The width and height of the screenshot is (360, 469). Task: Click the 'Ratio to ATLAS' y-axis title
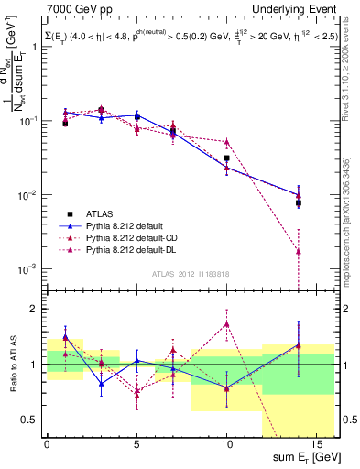pos(10,361)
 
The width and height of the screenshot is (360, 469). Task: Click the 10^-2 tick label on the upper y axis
pos(27,195)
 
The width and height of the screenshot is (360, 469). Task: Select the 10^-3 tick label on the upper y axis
pos(27,269)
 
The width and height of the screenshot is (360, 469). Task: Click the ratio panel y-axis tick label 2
pos(33,309)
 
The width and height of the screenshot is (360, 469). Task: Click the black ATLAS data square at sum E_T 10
pos(226,158)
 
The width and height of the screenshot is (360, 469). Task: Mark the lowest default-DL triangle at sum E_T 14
pos(298,251)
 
